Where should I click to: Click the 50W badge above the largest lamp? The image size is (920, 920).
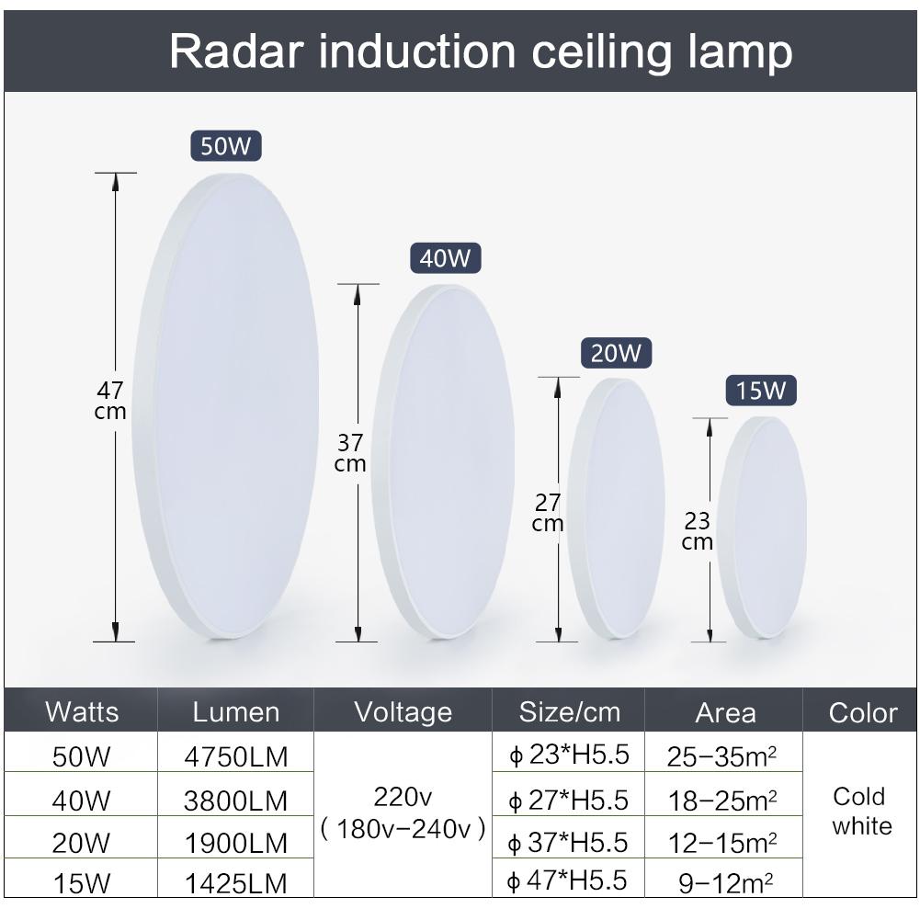click(226, 146)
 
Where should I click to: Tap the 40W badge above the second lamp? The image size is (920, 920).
click(445, 258)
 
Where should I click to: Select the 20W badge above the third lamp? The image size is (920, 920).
click(616, 353)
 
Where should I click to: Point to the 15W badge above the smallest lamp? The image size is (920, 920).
click(761, 391)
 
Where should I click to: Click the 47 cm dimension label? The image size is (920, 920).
click(110, 401)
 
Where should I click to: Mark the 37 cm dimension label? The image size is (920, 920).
click(350, 453)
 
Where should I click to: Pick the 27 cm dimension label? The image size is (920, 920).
click(548, 513)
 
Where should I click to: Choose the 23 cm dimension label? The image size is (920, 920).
click(698, 531)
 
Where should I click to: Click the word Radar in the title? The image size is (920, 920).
click(235, 51)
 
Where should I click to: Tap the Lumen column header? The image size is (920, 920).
click(236, 711)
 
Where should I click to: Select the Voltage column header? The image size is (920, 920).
click(403, 711)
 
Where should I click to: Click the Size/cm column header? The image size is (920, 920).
click(570, 711)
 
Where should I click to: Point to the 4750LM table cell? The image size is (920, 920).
click(236, 757)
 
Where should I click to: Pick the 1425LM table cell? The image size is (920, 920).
click(236, 884)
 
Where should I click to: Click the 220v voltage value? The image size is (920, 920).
click(403, 795)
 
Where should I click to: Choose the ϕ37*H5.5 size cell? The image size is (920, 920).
click(569, 841)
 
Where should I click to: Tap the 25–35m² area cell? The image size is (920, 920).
click(723, 757)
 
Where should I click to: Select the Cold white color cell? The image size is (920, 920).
click(861, 811)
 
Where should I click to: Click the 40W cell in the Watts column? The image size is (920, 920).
click(81, 800)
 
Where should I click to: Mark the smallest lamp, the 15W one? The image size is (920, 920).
click(762, 528)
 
